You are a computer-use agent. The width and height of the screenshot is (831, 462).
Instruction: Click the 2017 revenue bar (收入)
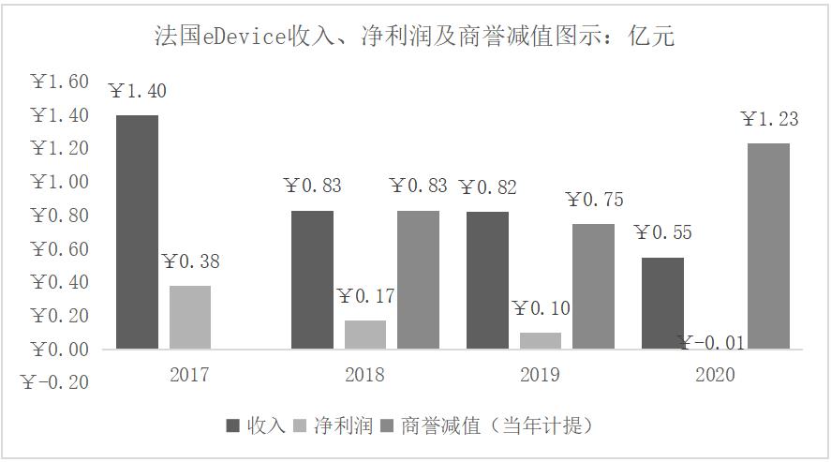[137, 231]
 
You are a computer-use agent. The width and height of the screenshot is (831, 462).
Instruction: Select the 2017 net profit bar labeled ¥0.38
[189, 317]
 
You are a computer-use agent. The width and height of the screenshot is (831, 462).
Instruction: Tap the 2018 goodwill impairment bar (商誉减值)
[418, 279]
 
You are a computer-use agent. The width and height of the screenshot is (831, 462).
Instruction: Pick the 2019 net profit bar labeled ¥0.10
[541, 340]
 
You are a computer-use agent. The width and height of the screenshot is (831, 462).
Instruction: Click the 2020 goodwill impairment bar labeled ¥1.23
[768, 246]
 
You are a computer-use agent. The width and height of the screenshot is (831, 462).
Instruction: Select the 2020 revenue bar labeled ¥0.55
[662, 303]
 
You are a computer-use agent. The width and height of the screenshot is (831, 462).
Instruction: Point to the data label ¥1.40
[138, 92]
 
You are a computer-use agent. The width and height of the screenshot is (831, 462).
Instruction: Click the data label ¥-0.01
[712, 343]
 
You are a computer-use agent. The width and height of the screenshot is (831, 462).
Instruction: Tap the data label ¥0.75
[594, 200]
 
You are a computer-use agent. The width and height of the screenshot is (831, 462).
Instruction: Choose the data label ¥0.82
[487, 186]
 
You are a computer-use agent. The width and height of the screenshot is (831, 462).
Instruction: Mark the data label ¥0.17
[365, 297]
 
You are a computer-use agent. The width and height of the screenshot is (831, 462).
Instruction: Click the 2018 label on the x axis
[364, 375]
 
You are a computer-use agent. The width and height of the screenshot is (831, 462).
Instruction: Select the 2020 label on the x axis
[715, 375]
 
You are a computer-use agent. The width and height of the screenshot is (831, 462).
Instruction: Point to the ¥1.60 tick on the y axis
[60, 82]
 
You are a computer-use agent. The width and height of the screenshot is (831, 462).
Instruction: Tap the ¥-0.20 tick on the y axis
[56, 382]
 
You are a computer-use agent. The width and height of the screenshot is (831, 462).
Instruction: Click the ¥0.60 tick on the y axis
[60, 249]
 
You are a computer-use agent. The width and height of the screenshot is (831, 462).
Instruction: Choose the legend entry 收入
[256, 425]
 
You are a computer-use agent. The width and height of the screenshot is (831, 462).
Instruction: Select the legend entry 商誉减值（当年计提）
[487, 425]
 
